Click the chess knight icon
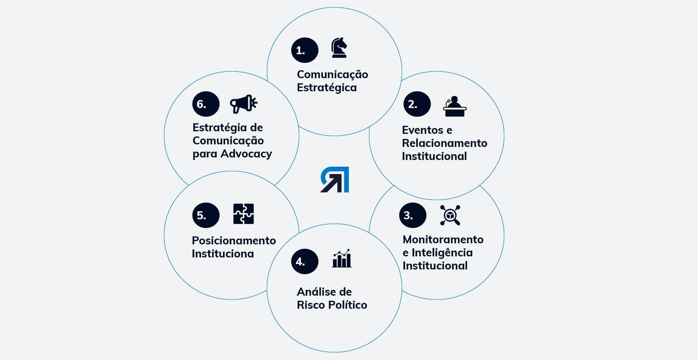[339, 48]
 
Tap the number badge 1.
[305, 50]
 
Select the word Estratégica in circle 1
[327, 88]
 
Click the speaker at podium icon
[455, 106]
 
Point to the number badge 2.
[417, 104]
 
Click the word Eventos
[422, 130]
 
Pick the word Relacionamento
[445, 143]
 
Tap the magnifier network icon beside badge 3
[450, 215]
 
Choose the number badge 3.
[412, 215]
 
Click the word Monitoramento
[443, 240]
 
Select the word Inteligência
[442, 253]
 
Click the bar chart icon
[342, 259]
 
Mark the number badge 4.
[305, 261]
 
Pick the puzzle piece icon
[243, 214]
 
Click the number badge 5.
[205, 215]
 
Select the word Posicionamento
[234, 241]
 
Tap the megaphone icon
[243, 104]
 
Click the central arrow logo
[335, 179]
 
